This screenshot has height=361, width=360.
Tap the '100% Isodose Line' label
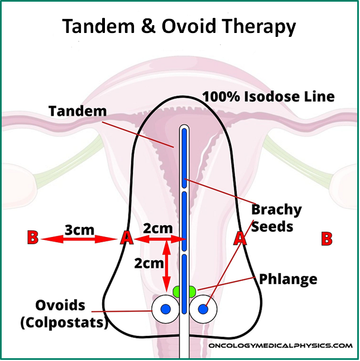(268, 96)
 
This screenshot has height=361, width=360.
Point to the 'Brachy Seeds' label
(276, 218)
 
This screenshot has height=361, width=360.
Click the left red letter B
(32, 238)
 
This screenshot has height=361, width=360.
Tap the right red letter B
(327, 239)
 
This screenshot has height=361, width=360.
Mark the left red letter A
(127, 239)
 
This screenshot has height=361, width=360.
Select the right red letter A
(240, 239)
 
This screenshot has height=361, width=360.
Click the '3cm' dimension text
(79, 230)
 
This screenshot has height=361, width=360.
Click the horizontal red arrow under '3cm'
(79, 239)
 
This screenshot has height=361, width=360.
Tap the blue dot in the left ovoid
(165, 308)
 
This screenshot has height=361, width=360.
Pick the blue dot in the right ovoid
(203, 308)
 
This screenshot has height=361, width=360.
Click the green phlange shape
(184, 292)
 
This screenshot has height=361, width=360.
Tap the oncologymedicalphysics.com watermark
(281, 346)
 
